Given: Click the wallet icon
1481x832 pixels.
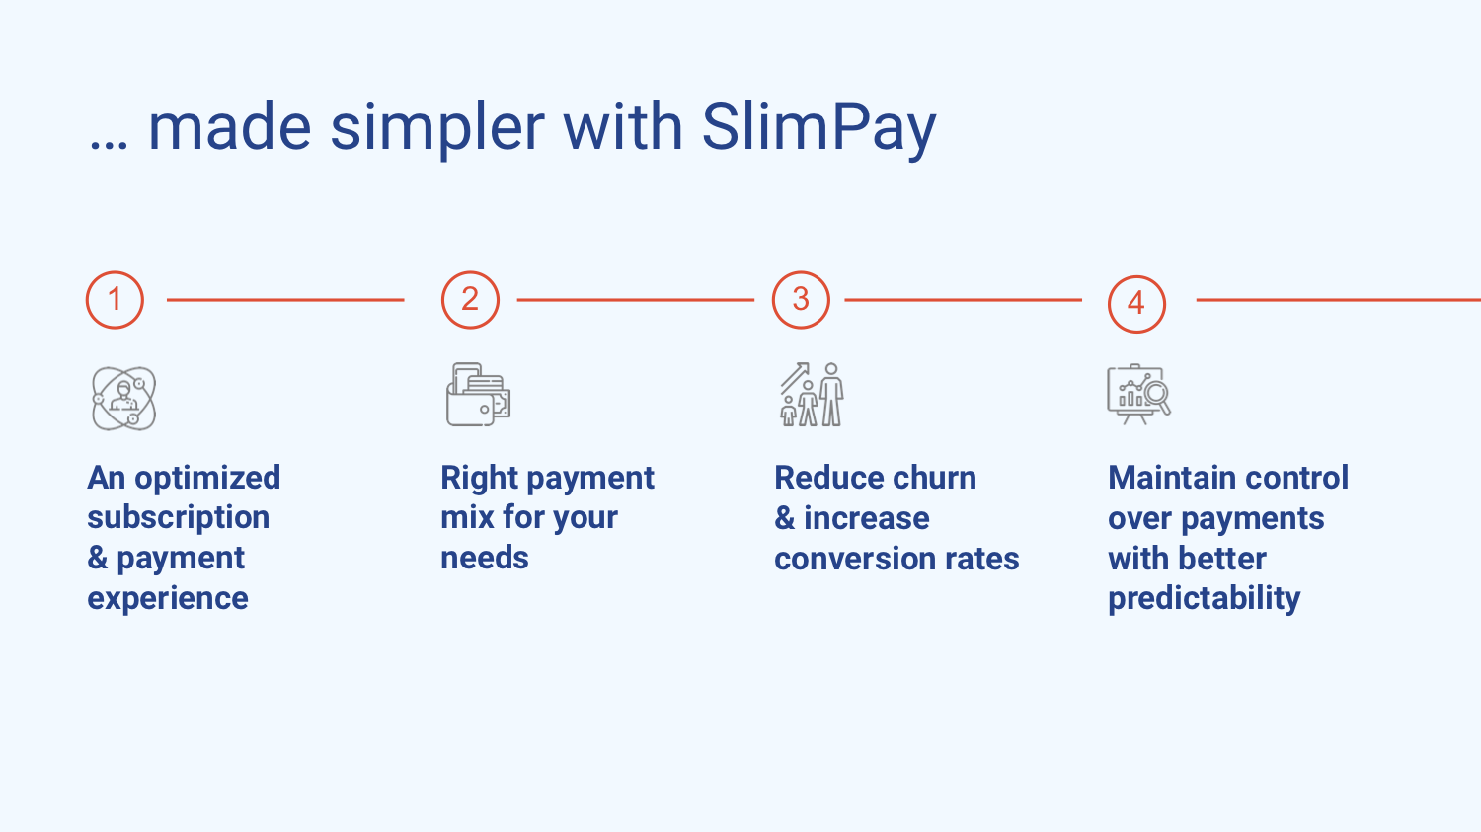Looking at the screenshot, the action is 479,395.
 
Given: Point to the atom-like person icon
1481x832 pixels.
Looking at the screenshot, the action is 124,399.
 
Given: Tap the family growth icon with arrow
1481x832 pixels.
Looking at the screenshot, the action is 812,395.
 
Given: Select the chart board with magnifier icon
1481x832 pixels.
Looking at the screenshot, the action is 1138,394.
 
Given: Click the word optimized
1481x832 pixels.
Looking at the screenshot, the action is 207,479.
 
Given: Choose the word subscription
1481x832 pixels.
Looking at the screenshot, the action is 179,517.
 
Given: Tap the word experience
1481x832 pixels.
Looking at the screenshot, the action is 168,599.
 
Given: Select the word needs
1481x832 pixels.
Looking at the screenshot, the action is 485,559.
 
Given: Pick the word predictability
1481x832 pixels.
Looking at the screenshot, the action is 1204,599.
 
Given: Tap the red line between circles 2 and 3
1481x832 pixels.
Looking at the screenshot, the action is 636,300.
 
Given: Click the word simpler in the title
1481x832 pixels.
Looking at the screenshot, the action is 437,129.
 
